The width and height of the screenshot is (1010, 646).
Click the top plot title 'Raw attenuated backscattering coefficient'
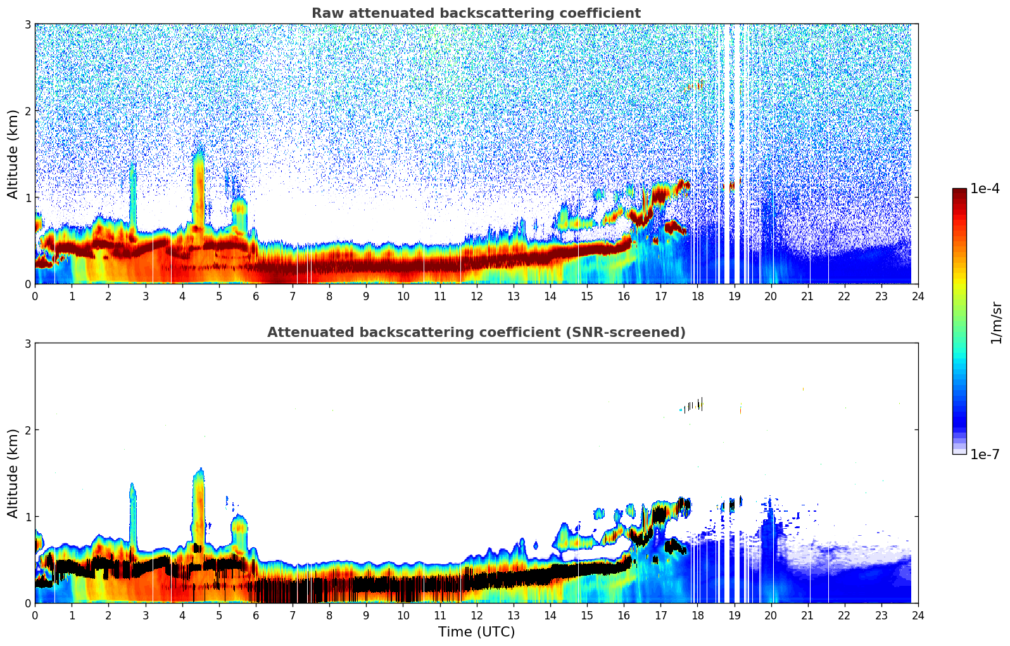coord(476,13)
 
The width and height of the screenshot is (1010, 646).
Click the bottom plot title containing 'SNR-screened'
coord(476,332)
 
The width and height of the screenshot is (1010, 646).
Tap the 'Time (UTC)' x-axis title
coord(476,632)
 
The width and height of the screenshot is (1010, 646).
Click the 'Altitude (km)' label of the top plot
coord(13,154)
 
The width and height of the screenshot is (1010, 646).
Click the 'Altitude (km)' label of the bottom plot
coord(13,473)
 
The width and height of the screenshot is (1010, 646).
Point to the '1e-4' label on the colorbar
coord(985,189)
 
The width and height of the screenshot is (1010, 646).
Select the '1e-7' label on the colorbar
coord(985,454)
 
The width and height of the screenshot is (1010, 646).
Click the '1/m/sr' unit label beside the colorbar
coord(996,322)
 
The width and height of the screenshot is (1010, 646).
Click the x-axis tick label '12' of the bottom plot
coord(477,616)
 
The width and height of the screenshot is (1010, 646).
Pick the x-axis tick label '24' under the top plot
coord(918,296)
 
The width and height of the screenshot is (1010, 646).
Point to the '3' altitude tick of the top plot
coord(27,24)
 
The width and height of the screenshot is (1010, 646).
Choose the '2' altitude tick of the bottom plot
coord(27,430)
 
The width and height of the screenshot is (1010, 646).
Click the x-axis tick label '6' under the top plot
coord(256,296)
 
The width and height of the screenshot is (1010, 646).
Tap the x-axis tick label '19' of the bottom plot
coord(734,616)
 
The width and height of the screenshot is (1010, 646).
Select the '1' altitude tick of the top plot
coord(27,198)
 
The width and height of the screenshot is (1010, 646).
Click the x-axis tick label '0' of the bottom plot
coord(35,616)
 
